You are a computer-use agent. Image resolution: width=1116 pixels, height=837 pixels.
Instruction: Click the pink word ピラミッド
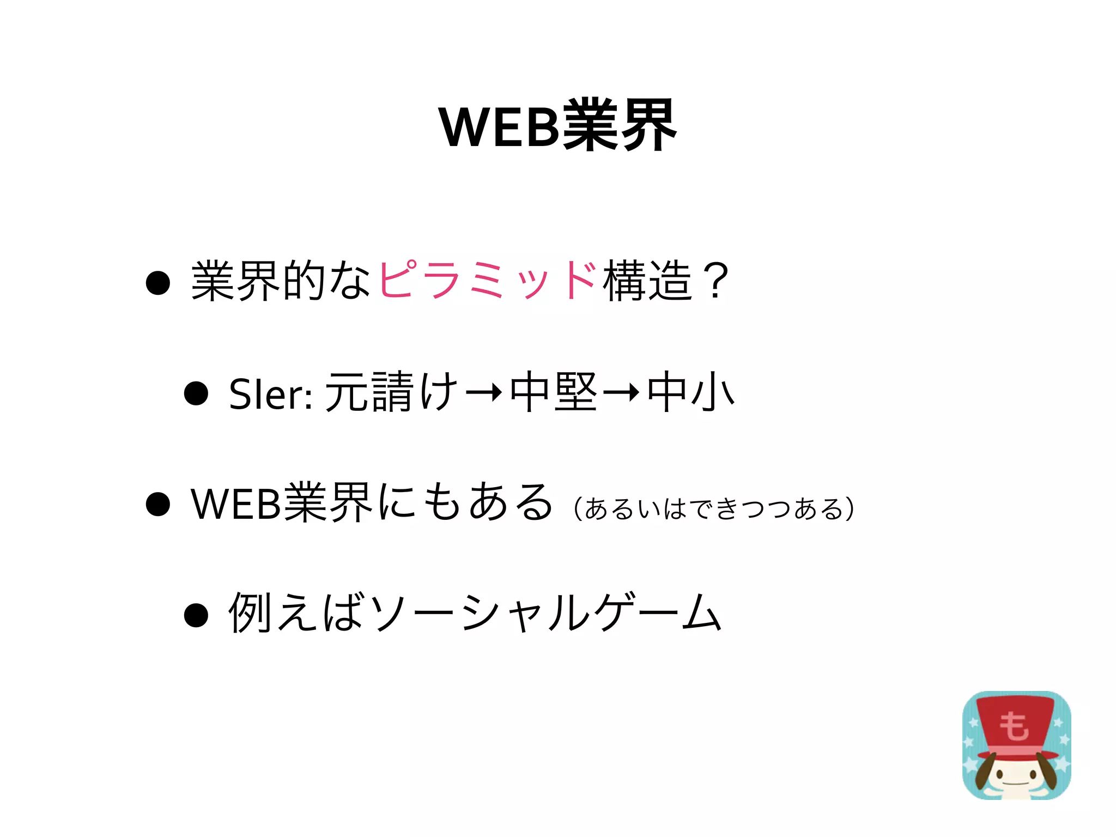click(487, 280)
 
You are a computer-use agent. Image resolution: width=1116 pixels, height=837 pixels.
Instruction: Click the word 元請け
click(391, 392)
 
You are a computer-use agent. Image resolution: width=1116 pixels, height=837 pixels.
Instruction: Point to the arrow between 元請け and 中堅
click(484, 392)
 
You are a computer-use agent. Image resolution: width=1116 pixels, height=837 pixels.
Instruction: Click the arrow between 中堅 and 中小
click(621, 392)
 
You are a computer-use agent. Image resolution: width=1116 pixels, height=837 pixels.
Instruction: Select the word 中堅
click(554, 392)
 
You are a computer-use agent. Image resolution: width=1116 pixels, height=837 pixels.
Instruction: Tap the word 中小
click(691, 392)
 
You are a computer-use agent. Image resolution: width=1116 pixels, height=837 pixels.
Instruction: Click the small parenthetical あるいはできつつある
click(714, 509)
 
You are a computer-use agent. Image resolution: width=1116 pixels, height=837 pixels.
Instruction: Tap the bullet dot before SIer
click(196, 393)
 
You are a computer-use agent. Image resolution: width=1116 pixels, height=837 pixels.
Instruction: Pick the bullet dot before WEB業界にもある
click(158, 504)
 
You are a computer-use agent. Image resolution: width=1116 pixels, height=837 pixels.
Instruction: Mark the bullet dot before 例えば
click(196, 615)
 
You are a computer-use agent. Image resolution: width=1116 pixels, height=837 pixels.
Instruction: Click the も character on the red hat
click(1014, 726)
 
